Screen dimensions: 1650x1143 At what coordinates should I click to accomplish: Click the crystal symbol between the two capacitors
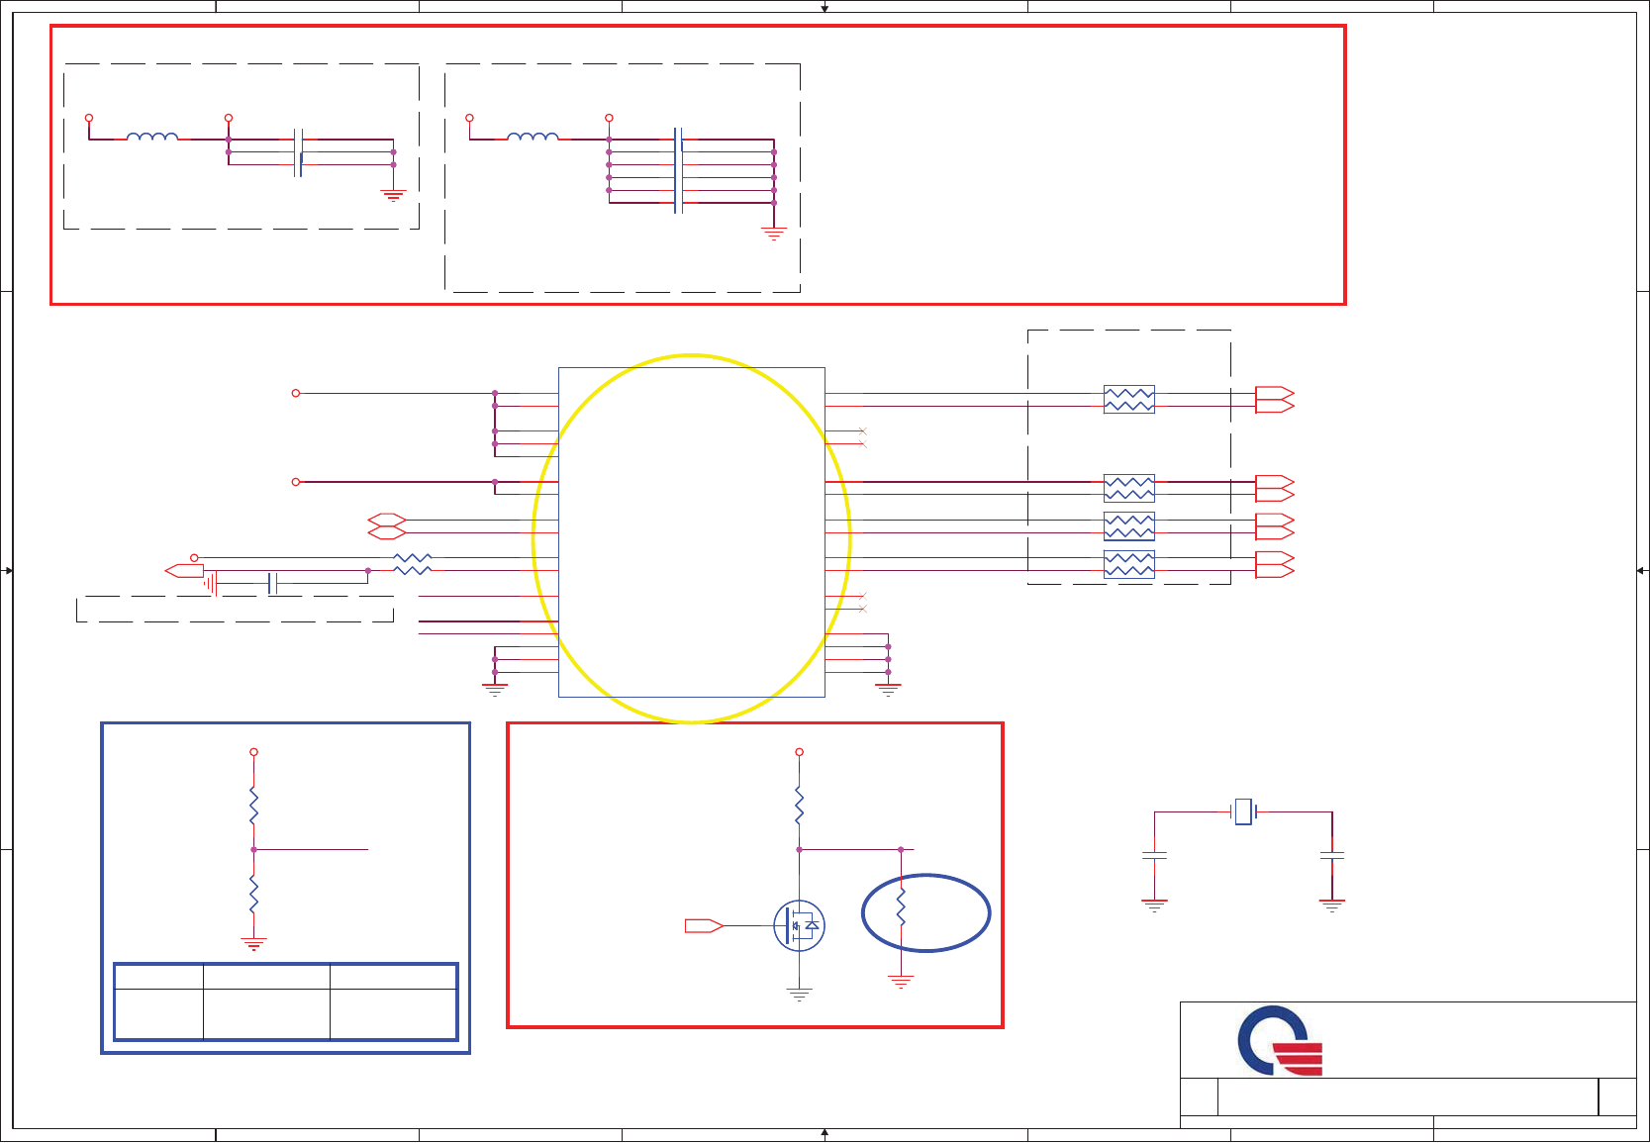click(1243, 811)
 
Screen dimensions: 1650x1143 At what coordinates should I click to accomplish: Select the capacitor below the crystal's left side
click(1154, 856)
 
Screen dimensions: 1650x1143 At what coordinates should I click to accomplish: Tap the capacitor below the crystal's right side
click(1332, 856)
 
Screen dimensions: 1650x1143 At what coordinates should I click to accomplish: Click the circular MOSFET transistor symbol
click(800, 926)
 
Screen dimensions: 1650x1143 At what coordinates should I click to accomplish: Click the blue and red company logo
click(1279, 1041)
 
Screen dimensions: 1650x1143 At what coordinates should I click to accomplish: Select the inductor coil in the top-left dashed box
click(152, 138)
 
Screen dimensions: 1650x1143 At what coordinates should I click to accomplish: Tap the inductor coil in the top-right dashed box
click(533, 138)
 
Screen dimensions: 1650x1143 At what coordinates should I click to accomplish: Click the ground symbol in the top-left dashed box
click(393, 196)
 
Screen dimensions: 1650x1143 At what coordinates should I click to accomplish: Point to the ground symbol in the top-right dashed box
click(773, 235)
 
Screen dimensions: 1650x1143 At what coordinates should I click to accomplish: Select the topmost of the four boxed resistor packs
click(1128, 400)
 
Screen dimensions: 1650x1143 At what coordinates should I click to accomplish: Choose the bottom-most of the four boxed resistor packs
click(1128, 564)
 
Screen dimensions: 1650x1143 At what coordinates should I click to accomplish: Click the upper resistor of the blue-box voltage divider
click(253, 806)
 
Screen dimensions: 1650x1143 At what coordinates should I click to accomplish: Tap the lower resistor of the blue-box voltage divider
click(253, 894)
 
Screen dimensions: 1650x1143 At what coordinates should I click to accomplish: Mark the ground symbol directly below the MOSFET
click(800, 994)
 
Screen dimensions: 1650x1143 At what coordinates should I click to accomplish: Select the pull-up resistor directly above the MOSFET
click(800, 806)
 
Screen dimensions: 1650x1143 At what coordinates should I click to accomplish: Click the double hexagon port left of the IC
click(387, 526)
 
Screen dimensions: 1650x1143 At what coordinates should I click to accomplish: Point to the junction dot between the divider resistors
click(253, 849)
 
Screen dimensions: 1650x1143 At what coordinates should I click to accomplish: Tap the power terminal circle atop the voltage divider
click(253, 752)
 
